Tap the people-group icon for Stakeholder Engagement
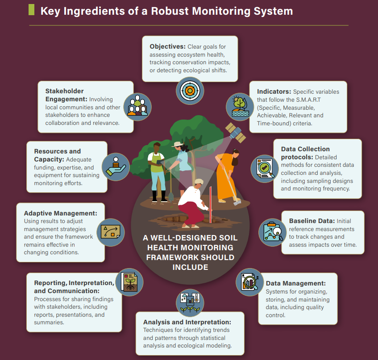137,106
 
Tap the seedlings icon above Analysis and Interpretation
190,302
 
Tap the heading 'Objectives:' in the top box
167,46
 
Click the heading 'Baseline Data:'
312,221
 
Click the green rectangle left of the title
31,10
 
